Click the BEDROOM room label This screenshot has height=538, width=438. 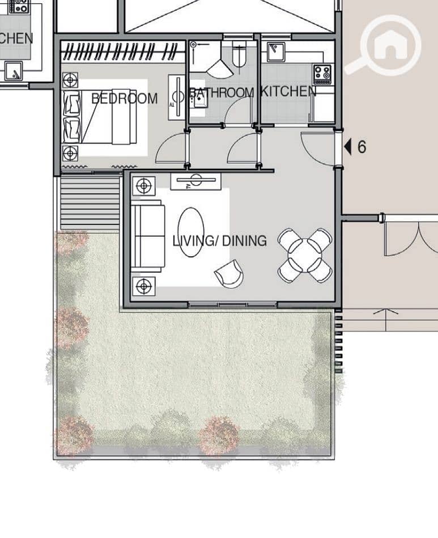tap(125, 99)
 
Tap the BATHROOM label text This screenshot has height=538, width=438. tap(221, 92)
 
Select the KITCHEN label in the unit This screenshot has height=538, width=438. tap(288, 91)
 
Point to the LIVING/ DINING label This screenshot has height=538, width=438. tap(219, 241)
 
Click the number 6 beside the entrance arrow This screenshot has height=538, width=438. tap(362, 147)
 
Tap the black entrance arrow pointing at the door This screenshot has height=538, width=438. tap(348, 147)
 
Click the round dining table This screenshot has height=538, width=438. tap(305, 255)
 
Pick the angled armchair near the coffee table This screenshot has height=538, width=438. tap(229, 273)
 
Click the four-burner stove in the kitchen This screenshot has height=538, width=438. tap(322, 74)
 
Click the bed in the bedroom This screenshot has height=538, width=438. tap(100, 117)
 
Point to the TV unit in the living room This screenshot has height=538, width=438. tap(196, 181)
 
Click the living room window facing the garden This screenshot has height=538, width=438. tap(232, 304)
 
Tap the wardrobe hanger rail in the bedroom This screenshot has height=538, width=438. tap(124, 52)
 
